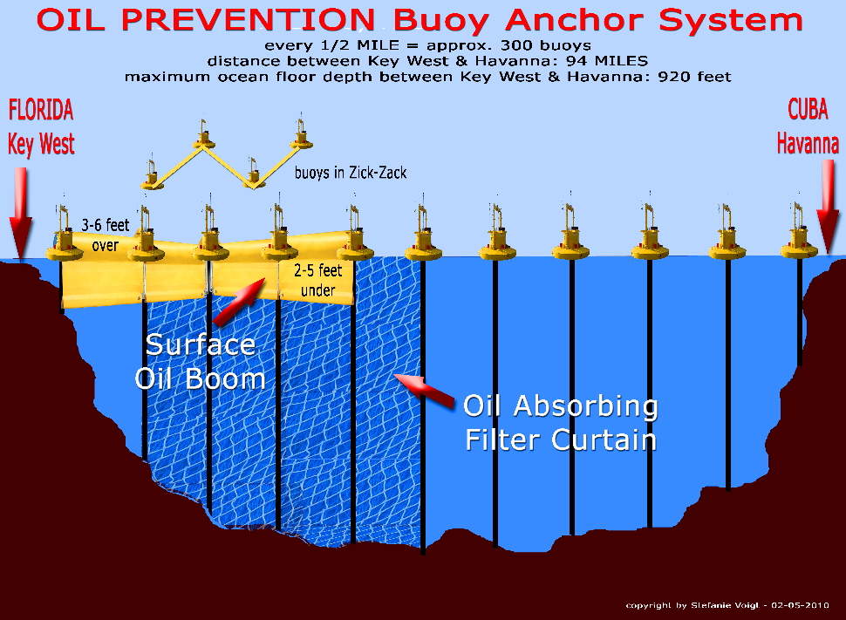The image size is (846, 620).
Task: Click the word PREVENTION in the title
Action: pos(248,20)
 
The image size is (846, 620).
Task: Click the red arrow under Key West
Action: pos(21,213)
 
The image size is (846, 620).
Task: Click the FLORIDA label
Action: pos(41,110)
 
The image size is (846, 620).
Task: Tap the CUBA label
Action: pos(808,109)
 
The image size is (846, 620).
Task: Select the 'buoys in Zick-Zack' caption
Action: pos(351,173)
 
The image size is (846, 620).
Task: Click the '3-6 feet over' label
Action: pos(106,235)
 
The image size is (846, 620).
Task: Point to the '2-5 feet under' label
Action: pos(317,280)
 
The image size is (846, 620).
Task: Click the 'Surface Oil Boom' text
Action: pos(201,362)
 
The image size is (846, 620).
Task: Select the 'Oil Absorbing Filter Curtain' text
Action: pos(561,423)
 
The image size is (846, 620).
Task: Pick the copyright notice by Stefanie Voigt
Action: pos(727,605)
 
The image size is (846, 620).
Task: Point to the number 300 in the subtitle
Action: pos(517,45)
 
